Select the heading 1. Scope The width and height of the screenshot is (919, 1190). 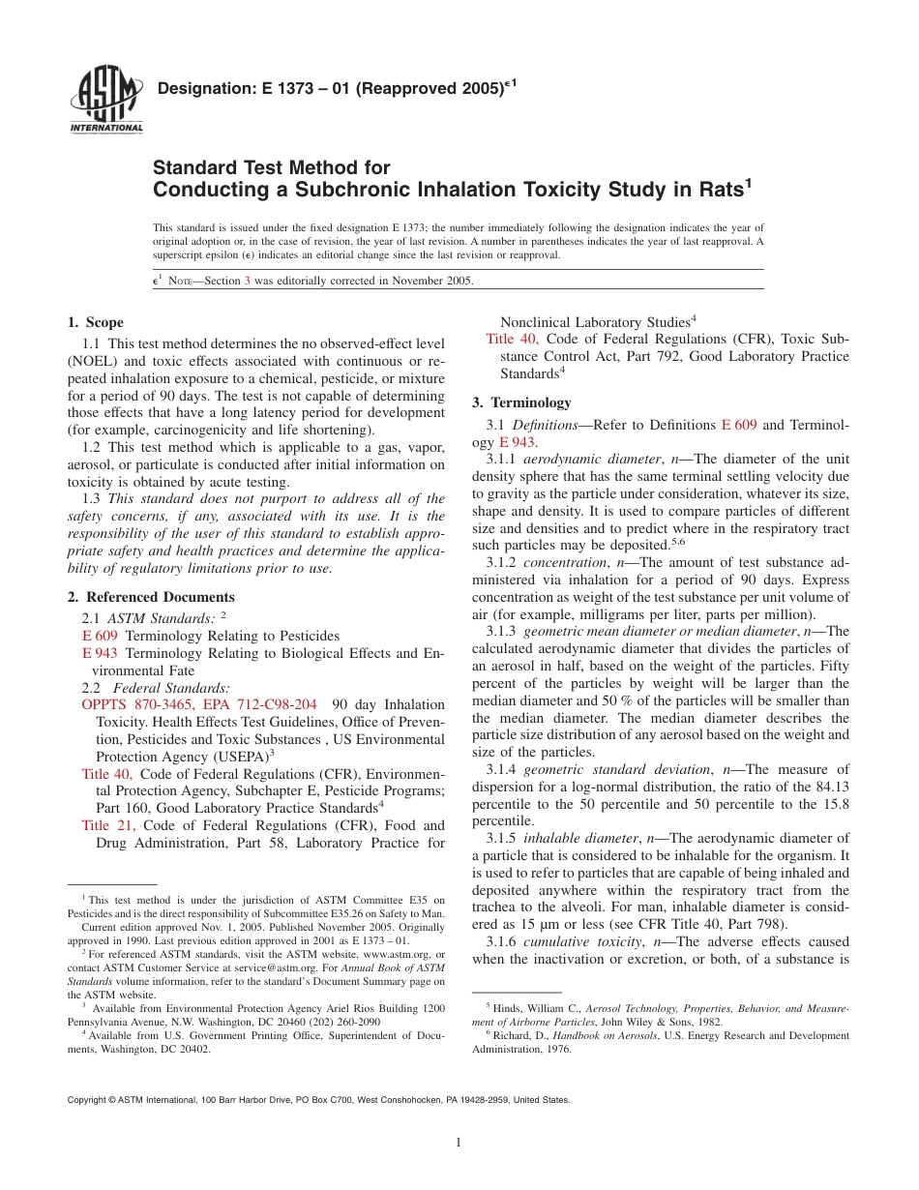click(95, 322)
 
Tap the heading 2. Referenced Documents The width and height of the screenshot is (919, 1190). click(151, 597)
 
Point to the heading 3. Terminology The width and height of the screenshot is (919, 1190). click(521, 402)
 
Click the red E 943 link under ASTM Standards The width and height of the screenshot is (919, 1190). click(100, 653)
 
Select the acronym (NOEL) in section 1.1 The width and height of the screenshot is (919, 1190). click(92, 361)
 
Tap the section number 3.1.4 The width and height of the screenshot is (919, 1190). click(501, 769)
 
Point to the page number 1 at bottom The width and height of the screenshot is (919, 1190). click(459, 1143)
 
